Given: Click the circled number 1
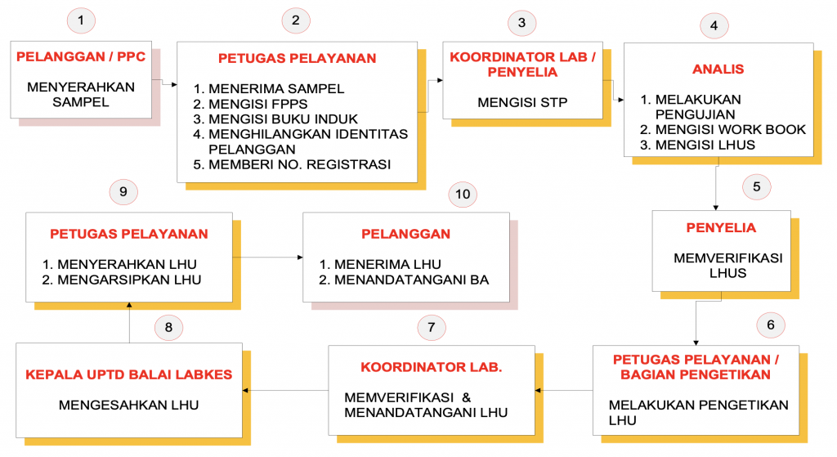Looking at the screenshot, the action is (x=81, y=20).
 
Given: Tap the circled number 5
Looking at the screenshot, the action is (x=756, y=187).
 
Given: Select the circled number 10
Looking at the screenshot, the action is (x=463, y=194).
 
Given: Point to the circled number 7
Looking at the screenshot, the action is (x=432, y=327).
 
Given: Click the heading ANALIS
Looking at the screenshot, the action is (x=718, y=69).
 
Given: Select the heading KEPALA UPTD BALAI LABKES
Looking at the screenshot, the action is (x=128, y=374).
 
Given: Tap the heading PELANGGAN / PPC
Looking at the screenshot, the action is (x=81, y=56).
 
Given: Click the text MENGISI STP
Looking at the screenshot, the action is (x=522, y=102).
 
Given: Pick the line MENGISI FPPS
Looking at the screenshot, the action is (x=250, y=104).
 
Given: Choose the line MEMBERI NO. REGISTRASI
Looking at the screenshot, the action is (x=292, y=164).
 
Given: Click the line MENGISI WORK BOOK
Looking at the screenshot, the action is (x=723, y=130).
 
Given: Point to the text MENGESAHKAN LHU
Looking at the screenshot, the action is (x=128, y=405).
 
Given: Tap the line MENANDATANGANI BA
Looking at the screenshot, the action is (x=404, y=280).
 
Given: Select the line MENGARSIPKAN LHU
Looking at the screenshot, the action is (x=122, y=280).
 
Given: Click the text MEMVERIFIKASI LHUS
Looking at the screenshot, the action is (x=728, y=266).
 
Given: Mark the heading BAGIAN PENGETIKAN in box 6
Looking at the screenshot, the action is (x=696, y=374).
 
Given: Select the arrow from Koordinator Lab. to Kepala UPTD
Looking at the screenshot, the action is (x=285, y=390).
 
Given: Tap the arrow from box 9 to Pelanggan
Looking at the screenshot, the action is (x=268, y=258).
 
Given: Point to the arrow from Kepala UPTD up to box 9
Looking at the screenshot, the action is (x=129, y=322).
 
